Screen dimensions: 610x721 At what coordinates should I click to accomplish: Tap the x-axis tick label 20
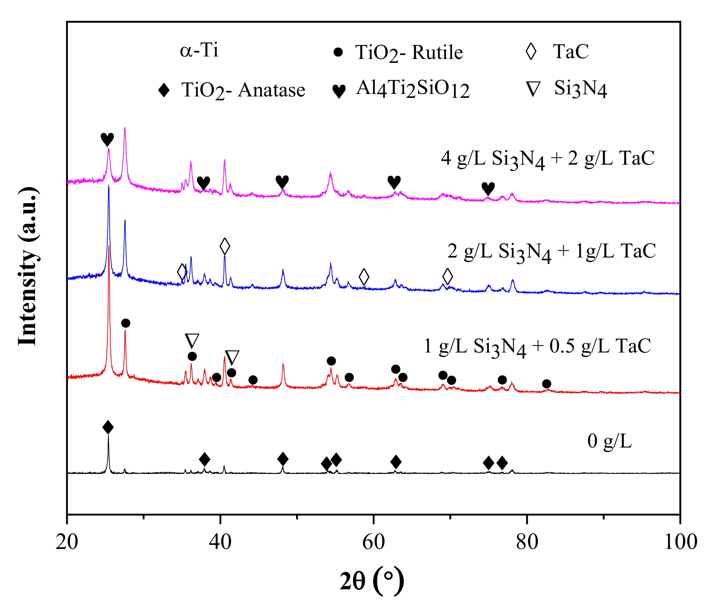(67, 542)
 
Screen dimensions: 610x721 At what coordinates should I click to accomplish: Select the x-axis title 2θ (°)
(372, 580)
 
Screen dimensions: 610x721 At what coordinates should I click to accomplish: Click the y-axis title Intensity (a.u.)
(28, 266)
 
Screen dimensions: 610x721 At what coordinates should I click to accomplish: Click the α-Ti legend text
(199, 50)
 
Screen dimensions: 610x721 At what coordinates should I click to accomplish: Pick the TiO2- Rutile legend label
(409, 53)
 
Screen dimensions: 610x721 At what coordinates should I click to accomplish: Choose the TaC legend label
(570, 51)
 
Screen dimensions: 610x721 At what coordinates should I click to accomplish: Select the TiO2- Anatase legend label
(243, 90)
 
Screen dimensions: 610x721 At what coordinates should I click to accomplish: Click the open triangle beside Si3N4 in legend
(533, 89)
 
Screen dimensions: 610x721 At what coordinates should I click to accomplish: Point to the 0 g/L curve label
(609, 441)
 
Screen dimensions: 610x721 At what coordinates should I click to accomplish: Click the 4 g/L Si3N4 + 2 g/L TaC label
(548, 159)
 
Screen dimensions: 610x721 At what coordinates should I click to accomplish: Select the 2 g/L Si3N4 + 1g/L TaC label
(551, 251)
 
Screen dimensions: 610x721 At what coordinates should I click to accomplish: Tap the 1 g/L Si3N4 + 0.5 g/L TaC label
(537, 346)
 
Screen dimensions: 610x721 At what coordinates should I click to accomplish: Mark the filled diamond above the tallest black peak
(108, 427)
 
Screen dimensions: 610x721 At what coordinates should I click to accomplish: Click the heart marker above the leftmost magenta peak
(107, 139)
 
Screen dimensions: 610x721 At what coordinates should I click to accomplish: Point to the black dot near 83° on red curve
(546, 384)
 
